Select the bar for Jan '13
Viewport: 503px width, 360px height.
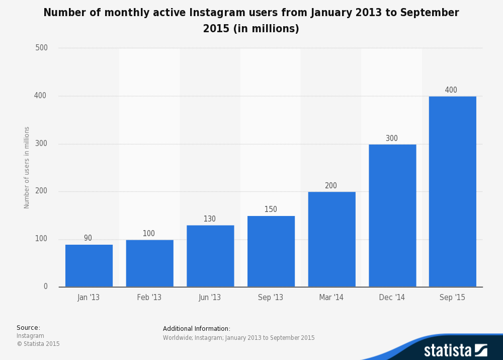(x=89, y=266)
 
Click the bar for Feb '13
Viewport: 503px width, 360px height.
(x=149, y=263)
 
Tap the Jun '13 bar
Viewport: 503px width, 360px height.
(x=210, y=256)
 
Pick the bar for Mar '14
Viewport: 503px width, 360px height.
(x=331, y=239)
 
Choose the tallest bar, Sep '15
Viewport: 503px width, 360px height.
(x=452, y=191)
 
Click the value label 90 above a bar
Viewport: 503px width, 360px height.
(x=88, y=238)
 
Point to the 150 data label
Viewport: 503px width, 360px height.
(x=271, y=209)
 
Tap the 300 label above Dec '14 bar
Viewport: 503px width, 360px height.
(x=392, y=138)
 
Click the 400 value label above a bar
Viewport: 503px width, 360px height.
(x=451, y=90)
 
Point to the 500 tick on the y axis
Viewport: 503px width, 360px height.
(x=41, y=48)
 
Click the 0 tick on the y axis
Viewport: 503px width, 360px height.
(x=45, y=286)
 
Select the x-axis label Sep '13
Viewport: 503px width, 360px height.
(x=271, y=298)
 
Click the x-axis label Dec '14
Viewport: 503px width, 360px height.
(x=392, y=298)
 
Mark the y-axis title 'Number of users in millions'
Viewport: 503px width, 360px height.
(x=27, y=168)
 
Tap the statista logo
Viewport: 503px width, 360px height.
(x=455, y=350)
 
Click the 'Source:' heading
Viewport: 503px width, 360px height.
(x=28, y=328)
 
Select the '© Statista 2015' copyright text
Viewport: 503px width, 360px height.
(x=38, y=344)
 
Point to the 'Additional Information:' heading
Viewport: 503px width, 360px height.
(x=197, y=329)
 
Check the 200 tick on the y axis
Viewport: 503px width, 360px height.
(x=41, y=191)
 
